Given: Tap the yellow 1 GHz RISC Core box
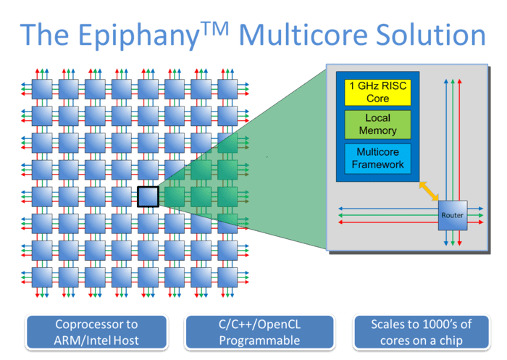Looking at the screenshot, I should point(377,92).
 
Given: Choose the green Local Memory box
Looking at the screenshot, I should point(377,125).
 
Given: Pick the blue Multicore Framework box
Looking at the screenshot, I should point(377,159).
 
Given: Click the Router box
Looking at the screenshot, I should point(452,215).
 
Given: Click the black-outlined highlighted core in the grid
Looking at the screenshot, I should point(148,196).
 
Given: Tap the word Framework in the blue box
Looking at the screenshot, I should point(377,165).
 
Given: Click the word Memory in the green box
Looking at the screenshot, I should point(377,131).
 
